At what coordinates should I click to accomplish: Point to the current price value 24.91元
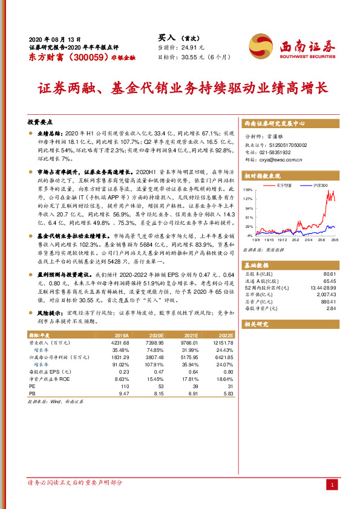193,47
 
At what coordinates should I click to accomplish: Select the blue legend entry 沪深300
319,184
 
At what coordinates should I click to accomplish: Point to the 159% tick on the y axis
248,190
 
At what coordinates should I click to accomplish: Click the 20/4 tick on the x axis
309,239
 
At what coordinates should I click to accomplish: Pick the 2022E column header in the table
225,334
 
